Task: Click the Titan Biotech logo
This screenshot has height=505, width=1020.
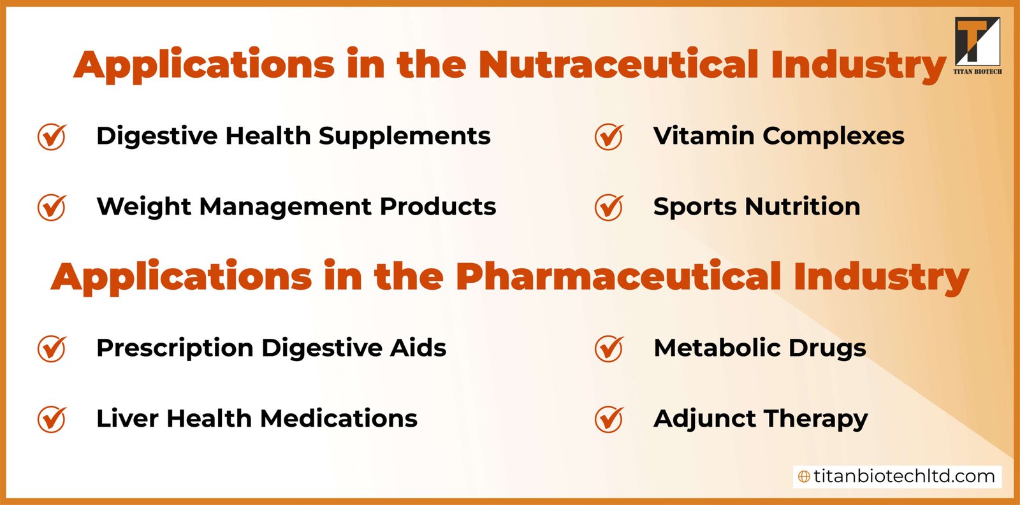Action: click(x=977, y=45)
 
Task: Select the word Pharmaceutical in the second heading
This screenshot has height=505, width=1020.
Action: click(x=618, y=277)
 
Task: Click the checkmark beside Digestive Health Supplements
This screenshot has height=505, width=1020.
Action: click(x=52, y=136)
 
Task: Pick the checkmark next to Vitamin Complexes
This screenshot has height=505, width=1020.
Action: click(x=609, y=136)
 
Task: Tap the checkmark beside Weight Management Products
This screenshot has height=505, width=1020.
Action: click(x=52, y=207)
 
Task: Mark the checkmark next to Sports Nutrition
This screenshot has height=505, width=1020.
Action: click(x=609, y=207)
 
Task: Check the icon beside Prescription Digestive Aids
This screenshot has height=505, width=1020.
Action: click(x=52, y=348)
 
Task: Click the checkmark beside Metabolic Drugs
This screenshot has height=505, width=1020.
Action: click(x=609, y=348)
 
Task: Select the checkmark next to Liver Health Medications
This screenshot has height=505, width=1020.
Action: click(x=52, y=419)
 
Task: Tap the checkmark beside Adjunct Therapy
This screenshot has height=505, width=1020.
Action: click(x=609, y=419)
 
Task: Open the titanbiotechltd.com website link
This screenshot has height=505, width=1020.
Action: click(x=903, y=476)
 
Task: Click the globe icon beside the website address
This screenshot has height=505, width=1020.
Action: click(x=805, y=476)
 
